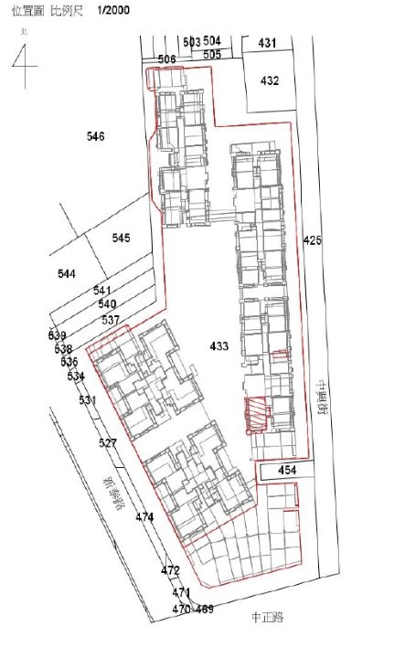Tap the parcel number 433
coord(219,346)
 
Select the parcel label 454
coord(287,470)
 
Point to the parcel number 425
coord(313,240)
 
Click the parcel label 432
coord(269,80)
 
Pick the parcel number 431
coord(267,43)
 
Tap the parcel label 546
coord(96,136)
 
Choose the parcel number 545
coord(121,238)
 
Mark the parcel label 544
coord(67,274)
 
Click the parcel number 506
coord(166,58)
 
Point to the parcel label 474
coord(144,517)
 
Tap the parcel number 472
coord(170,570)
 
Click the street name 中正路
coord(267,618)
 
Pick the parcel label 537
coord(111,320)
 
